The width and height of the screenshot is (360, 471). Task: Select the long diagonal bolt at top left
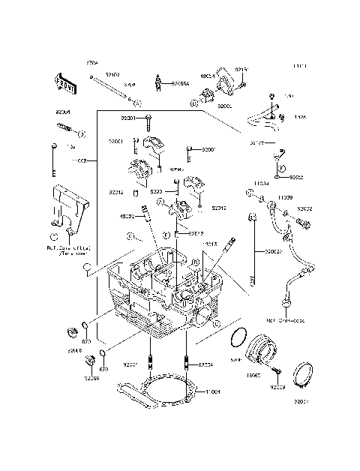coord(112,89)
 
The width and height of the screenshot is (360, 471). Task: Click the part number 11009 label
coord(285,196)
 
